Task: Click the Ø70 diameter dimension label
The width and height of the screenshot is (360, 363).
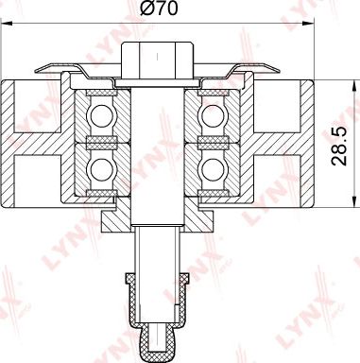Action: point(159,9)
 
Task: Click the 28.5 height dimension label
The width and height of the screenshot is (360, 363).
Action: point(339,147)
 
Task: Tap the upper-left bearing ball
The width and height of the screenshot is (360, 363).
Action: point(100,115)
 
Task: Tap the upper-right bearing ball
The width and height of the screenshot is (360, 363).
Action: point(212,115)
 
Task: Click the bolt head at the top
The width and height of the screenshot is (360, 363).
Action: point(157,60)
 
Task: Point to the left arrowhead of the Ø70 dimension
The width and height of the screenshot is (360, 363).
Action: point(7,23)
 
